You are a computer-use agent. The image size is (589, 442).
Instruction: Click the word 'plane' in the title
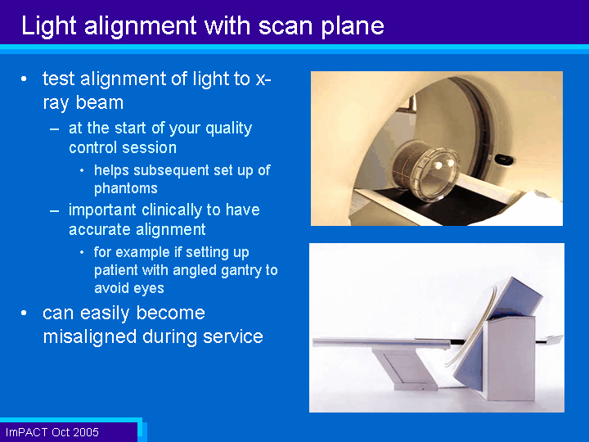coord(353,27)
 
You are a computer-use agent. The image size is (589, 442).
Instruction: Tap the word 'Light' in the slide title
coord(49,27)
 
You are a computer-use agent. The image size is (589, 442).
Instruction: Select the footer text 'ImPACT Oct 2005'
coord(52,432)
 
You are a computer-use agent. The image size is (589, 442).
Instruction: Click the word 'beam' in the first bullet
coord(100,102)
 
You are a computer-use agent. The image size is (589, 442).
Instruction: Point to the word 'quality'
coord(229,129)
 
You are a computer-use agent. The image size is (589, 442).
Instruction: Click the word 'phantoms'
coord(126,188)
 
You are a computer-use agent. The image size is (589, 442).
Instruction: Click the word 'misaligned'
coord(90,336)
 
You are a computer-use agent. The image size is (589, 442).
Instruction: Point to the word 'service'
coord(233,336)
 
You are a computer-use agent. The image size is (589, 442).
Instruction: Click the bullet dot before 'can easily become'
coord(24,313)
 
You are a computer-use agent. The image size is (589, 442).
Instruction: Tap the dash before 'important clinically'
coord(55,210)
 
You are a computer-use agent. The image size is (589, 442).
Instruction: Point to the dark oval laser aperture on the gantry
coord(504,160)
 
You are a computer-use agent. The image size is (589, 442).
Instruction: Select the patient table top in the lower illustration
coord(381,342)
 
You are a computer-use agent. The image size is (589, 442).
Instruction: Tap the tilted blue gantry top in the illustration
coord(516,297)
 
